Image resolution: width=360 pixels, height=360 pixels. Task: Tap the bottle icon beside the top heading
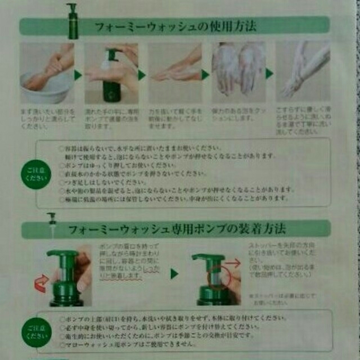point(72,21)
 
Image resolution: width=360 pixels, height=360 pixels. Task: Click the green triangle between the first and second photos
point(78,75)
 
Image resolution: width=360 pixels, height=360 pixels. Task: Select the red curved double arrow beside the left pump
point(39,282)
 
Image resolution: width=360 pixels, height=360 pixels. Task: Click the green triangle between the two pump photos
point(174,274)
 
